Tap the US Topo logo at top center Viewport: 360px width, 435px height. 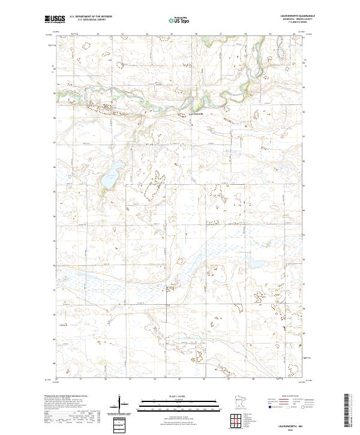[x=179, y=20]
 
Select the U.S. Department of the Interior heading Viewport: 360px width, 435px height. [x=90, y=17]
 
